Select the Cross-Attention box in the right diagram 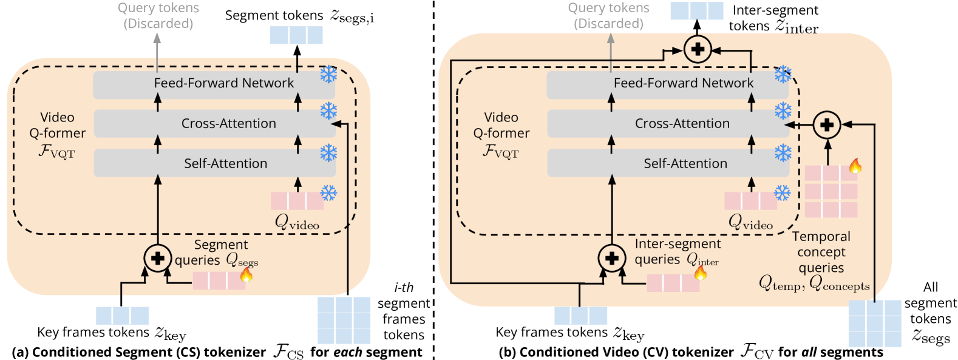pos(668,124)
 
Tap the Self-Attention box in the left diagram pos(214,163)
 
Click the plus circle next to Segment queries pos(158,258)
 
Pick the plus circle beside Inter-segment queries pos(612,258)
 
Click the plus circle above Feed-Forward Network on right pos(698,49)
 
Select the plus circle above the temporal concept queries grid pos(826,125)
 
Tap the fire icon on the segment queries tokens pos(246,274)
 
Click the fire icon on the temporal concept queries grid pos(855,166)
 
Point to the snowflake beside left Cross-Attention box pos(328,112)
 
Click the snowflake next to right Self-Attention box pos(783,153)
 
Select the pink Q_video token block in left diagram pos(297,200)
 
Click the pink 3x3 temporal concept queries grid pos(831,191)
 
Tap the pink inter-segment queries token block pos(673,283)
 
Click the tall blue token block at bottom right pos(874,323)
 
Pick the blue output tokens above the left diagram pos(296,35)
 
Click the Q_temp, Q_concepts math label pos(814,284)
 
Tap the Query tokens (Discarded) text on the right pos(608,16)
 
